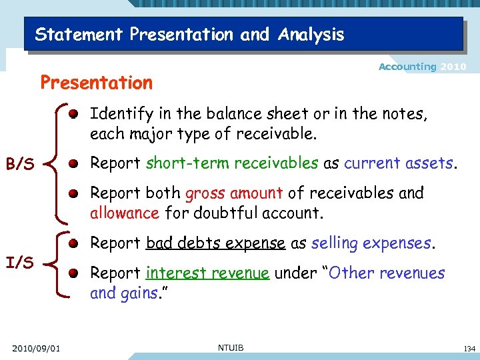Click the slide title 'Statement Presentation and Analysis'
click(x=189, y=34)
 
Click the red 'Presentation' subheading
click(x=97, y=83)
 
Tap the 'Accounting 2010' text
click(x=422, y=67)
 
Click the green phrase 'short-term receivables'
click(x=232, y=163)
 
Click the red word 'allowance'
click(x=124, y=213)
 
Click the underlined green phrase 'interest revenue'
click(x=207, y=273)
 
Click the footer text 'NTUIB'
click(x=231, y=347)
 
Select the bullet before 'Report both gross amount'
click(x=78, y=193)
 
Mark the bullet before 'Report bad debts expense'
click(x=78, y=243)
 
